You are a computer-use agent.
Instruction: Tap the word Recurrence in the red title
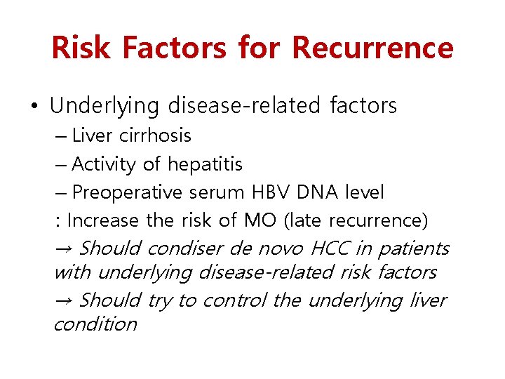tap(372, 48)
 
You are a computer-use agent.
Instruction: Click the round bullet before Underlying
tap(34, 107)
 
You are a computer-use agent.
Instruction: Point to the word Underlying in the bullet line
tap(105, 107)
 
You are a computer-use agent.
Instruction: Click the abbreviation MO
tap(260, 220)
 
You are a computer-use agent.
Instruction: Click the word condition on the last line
tap(95, 324)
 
